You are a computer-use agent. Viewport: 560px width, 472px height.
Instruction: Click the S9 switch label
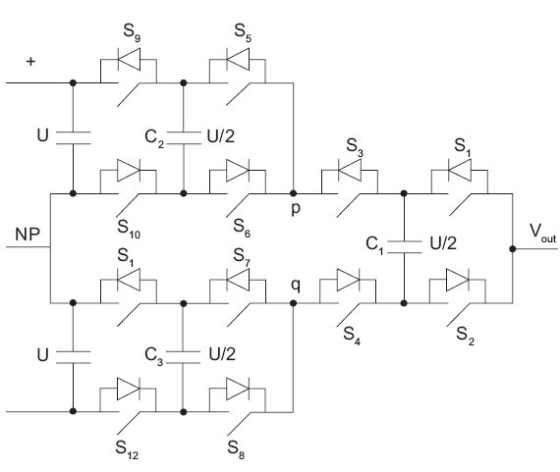click(132, 32)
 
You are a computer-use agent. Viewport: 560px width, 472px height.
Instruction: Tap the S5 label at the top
click(243, 32)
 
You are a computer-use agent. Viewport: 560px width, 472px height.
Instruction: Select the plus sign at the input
click(31, 62)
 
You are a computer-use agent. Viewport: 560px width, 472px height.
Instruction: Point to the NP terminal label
click(28, 235)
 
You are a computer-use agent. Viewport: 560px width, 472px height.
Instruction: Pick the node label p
click(296, 209)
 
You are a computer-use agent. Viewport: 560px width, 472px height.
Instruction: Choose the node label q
click(296, 286)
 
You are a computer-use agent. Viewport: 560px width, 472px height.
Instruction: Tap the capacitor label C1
click(374, 245)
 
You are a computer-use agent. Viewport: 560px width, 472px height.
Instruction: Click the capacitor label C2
click(154, 138)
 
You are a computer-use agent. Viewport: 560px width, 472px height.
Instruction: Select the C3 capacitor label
click(154, 356)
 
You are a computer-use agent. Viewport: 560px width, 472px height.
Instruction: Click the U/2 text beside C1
click(443, 243)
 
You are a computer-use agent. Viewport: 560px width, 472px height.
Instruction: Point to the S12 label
click(127, 449)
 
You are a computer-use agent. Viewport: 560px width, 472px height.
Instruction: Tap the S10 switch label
click(129, 229)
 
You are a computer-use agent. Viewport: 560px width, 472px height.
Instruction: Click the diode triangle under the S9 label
click(129, 59)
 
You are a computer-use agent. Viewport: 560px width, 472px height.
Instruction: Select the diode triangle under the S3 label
click(350, 170)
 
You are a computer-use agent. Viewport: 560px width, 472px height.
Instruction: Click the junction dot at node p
click(293, 193)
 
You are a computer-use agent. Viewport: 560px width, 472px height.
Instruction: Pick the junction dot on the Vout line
click(513, 248)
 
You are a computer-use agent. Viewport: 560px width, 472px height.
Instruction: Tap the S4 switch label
click(352, 336)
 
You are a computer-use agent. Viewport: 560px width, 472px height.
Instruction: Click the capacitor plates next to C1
click(404, 247)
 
